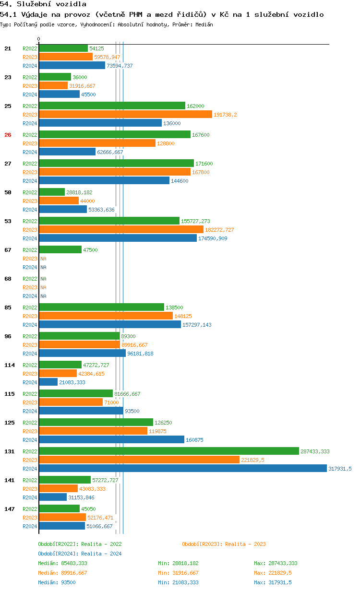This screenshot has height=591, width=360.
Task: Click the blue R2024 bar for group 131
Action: tap(183, 469)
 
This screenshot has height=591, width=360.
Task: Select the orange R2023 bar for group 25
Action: tap(125, 115)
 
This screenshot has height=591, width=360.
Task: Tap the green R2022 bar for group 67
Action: tap(60, 250)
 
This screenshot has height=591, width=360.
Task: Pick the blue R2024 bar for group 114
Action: tap(48, 382)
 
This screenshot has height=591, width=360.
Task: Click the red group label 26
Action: tap(8, 135)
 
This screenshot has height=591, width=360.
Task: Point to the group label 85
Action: tap(8, 307)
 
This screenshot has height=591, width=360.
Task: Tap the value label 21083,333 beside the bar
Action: tap(72, 382)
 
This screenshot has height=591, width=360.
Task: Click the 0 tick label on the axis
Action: tap(39, 39)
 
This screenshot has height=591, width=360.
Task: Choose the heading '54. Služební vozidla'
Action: tap(43, 4)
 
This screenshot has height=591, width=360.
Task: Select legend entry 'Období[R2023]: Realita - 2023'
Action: tap(224, 544)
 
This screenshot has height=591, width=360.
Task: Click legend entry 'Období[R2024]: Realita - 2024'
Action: tap(80, 554)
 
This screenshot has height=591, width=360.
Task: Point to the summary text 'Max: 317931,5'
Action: tap(273, 582)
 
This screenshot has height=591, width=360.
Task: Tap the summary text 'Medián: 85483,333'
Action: tap(62, 563)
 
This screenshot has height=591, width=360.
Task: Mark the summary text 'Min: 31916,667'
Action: tap(178, 573)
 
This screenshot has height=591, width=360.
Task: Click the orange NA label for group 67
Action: tap(43, 259)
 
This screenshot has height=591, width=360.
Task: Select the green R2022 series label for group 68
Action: tap(30, 279)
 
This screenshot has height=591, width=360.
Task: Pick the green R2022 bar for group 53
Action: tap(109, 221)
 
